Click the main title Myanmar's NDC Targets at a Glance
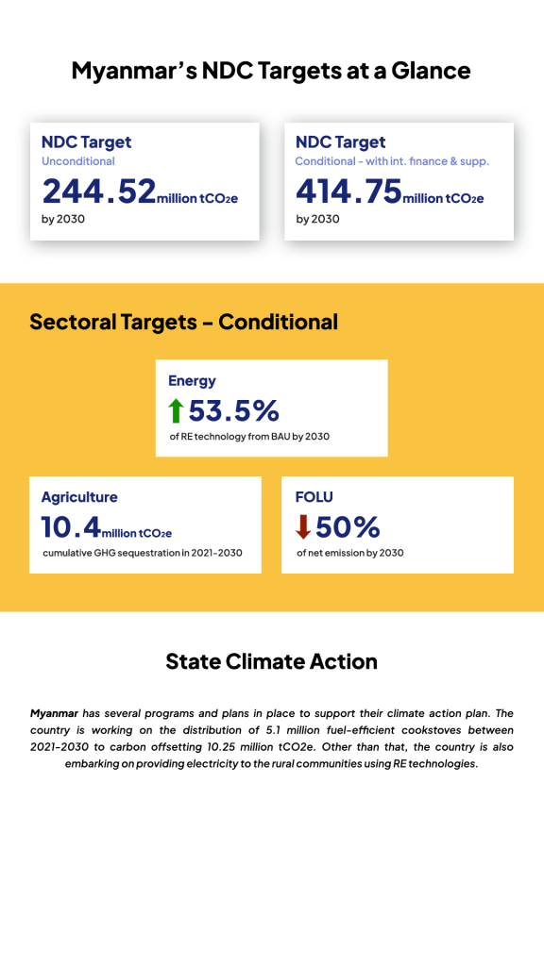(x=271, y=70)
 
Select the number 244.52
(x=99, y=192)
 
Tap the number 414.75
(x=348, y=192)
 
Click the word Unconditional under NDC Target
(x=78, y=161)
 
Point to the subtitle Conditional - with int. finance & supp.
(x=392, y=161)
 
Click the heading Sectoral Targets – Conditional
(x=183, y=322)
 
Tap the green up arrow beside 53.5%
(x=176, y=410)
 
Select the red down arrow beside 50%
(x=302, y=526)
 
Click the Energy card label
(x=192, y=381)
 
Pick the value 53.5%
(x=234, y=410)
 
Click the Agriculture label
(x=79, y=497)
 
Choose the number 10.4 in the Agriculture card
(x=72, y=526)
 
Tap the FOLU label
(x=314, y=497)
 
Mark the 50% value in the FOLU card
(x=348, y=526)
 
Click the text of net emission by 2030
(x=349, y=553)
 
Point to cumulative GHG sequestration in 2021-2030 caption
(x=142, y=553)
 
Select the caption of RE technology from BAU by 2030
(x=248, y=437)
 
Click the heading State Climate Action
(x=271, y=661)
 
